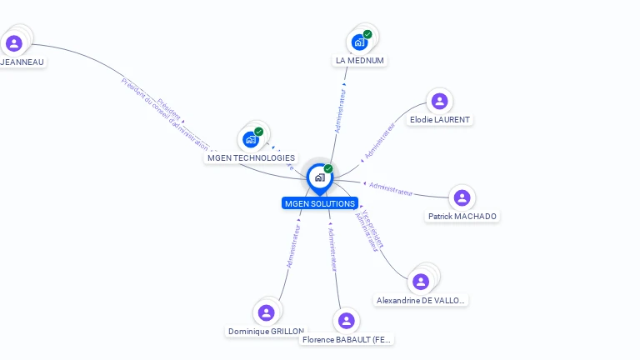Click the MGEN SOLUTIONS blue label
pyautogui.click(x=320, y=203)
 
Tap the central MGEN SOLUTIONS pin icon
pyautogui.click(x=320, y=177)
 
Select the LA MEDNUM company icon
pyautogui.click(x=359, y=42)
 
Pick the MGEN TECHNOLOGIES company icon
pyautogui.click(x=251, y=139)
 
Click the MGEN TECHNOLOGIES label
pyautogui.click(x=251, y=157)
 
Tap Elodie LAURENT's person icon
pyautogui.click(x=439, y=102)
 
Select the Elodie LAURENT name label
pyautogui.click(x=440, y=120)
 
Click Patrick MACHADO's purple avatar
pyautogui.click(x=462, y=198)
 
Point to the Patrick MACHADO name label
pyautogui.click(x=462, y=217)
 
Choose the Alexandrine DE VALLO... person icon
pyautogui.click(x=422, y=282)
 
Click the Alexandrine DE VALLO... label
pyautogui.click(x=422, y=300)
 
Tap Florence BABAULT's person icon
pyautogui.click(x=346, y=321)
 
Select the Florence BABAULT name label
pyautogui.click(x=347, y=340)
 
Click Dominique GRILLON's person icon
pyautogui.click(x=267, y=312)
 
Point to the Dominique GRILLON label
pyautogui.click(x=266, y=331)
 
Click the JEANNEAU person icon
pyautogui.click(x=13, y=43)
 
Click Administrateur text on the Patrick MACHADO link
pyautogui.click(x=391, y=188)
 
